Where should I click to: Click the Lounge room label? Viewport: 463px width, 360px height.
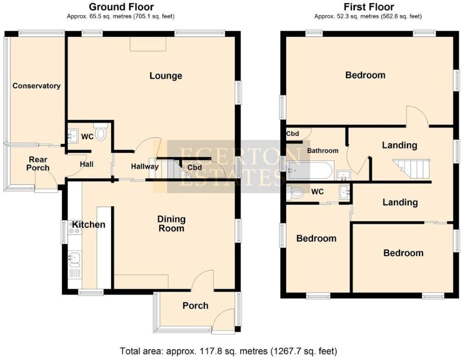(166, 76)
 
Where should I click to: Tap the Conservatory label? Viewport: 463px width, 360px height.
(36, 86)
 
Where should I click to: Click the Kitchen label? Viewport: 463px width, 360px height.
(89, 225)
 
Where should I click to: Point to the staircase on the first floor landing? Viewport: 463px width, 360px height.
(411, 169)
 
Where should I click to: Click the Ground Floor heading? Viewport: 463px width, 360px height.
(121, 7)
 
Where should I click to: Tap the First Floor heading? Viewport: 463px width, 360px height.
(368, 7)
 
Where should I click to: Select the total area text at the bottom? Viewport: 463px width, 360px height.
(228, 351)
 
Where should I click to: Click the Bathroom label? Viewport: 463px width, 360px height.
(322, 151)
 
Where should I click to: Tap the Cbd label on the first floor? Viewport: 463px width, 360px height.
(293, 134)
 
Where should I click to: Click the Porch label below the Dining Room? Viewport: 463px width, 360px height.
(195, 305)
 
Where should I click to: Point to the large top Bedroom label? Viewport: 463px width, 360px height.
(365, 75)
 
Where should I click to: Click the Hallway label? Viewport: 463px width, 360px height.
(145, 166)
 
